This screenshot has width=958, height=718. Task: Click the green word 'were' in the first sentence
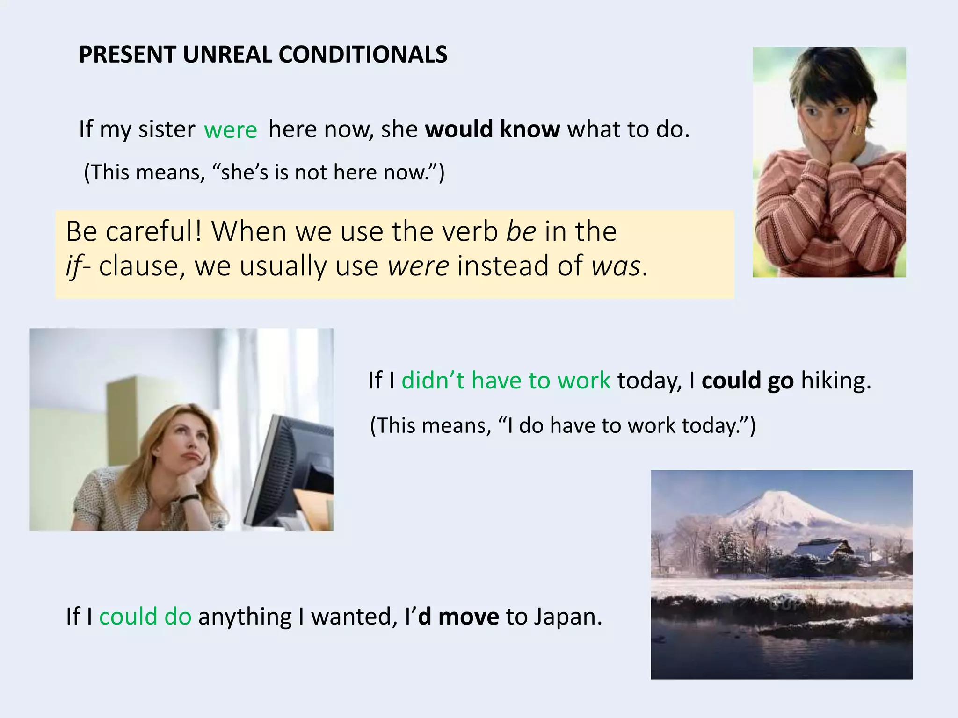(x=230, y=130)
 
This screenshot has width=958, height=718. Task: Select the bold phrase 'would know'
(x=492, y=129)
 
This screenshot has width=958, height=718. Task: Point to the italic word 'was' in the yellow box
(x=616, y=266)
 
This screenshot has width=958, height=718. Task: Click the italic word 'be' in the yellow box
(x=521, y=232)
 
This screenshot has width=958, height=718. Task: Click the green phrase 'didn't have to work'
(x=506, y=380)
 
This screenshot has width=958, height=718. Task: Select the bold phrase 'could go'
(x=747, y=380)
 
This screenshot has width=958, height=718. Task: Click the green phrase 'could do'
(x=145, y=617)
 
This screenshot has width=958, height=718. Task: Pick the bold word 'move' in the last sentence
(x=468, y=617)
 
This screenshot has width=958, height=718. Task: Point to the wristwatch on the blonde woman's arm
(x=189, y=499)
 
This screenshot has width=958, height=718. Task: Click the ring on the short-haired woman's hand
(x=857, y=130)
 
